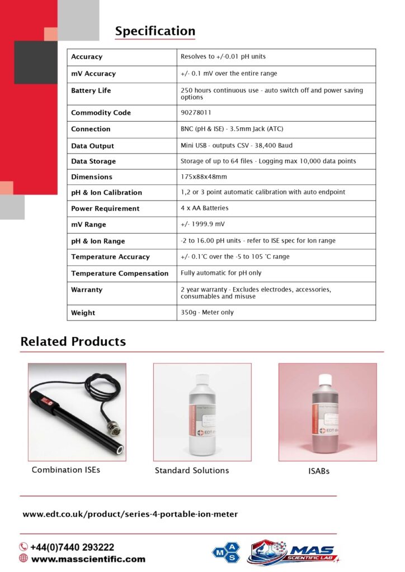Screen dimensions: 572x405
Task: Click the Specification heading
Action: pyautogui.click(x=155, y=31)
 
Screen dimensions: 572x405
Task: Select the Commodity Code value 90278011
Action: pyautogui.click(x=196, y=112)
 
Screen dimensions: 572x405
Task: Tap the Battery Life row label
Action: pyautogui.click(x=91, y=90)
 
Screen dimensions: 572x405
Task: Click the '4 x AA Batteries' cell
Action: pyautogui.click(x=204, y=208)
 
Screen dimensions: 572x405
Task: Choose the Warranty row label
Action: pyautogui.click(x=87, y=290)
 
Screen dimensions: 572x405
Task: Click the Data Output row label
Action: pyautogui.click(x=92, y=146)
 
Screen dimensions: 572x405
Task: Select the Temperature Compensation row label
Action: pyautogui.click(x=120, y=273)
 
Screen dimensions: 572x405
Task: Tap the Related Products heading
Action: pyautogui.click(x=73, y=341)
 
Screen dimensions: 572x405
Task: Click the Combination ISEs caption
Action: pyautogui.click(x=66, y=470)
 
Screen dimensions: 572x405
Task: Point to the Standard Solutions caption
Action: pyautogui.click(x=192, y=470)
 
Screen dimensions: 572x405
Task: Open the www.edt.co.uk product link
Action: pyautogui.click(x=130, y=514)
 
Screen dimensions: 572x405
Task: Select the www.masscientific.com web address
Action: pyautogui.click(x=88, y=559)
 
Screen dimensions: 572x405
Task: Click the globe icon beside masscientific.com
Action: pyautogui.click(x=23, y=559)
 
